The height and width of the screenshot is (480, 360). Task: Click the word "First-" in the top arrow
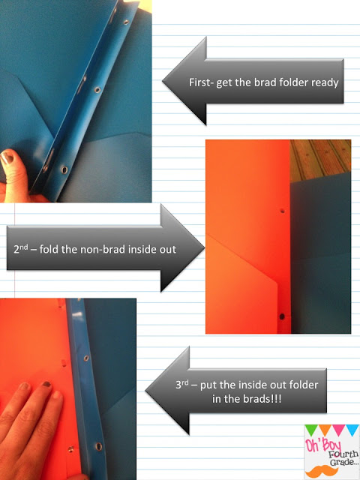point(201,82)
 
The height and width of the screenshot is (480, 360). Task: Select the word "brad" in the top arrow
point(263,82)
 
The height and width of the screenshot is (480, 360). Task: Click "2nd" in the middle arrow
point(21,249)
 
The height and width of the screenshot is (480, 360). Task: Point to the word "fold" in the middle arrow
point(49,249)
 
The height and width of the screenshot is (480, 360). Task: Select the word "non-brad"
point(103,249)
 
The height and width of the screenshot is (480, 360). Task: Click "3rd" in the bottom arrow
point(181,385)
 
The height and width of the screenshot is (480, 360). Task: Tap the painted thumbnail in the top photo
point(7,157)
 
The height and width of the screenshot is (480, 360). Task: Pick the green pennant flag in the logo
point(312,429)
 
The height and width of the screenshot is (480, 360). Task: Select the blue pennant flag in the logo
point(352,429)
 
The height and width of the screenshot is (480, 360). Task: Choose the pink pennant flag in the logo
point(339,429)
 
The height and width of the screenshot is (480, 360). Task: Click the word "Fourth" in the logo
point(343,454)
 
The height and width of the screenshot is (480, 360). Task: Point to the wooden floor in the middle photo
point(320,160)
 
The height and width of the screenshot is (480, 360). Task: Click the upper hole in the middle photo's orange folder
point(282,211)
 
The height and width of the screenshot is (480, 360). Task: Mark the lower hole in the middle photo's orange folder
point(282,316)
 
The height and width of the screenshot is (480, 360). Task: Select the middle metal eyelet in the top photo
point(97,90)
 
